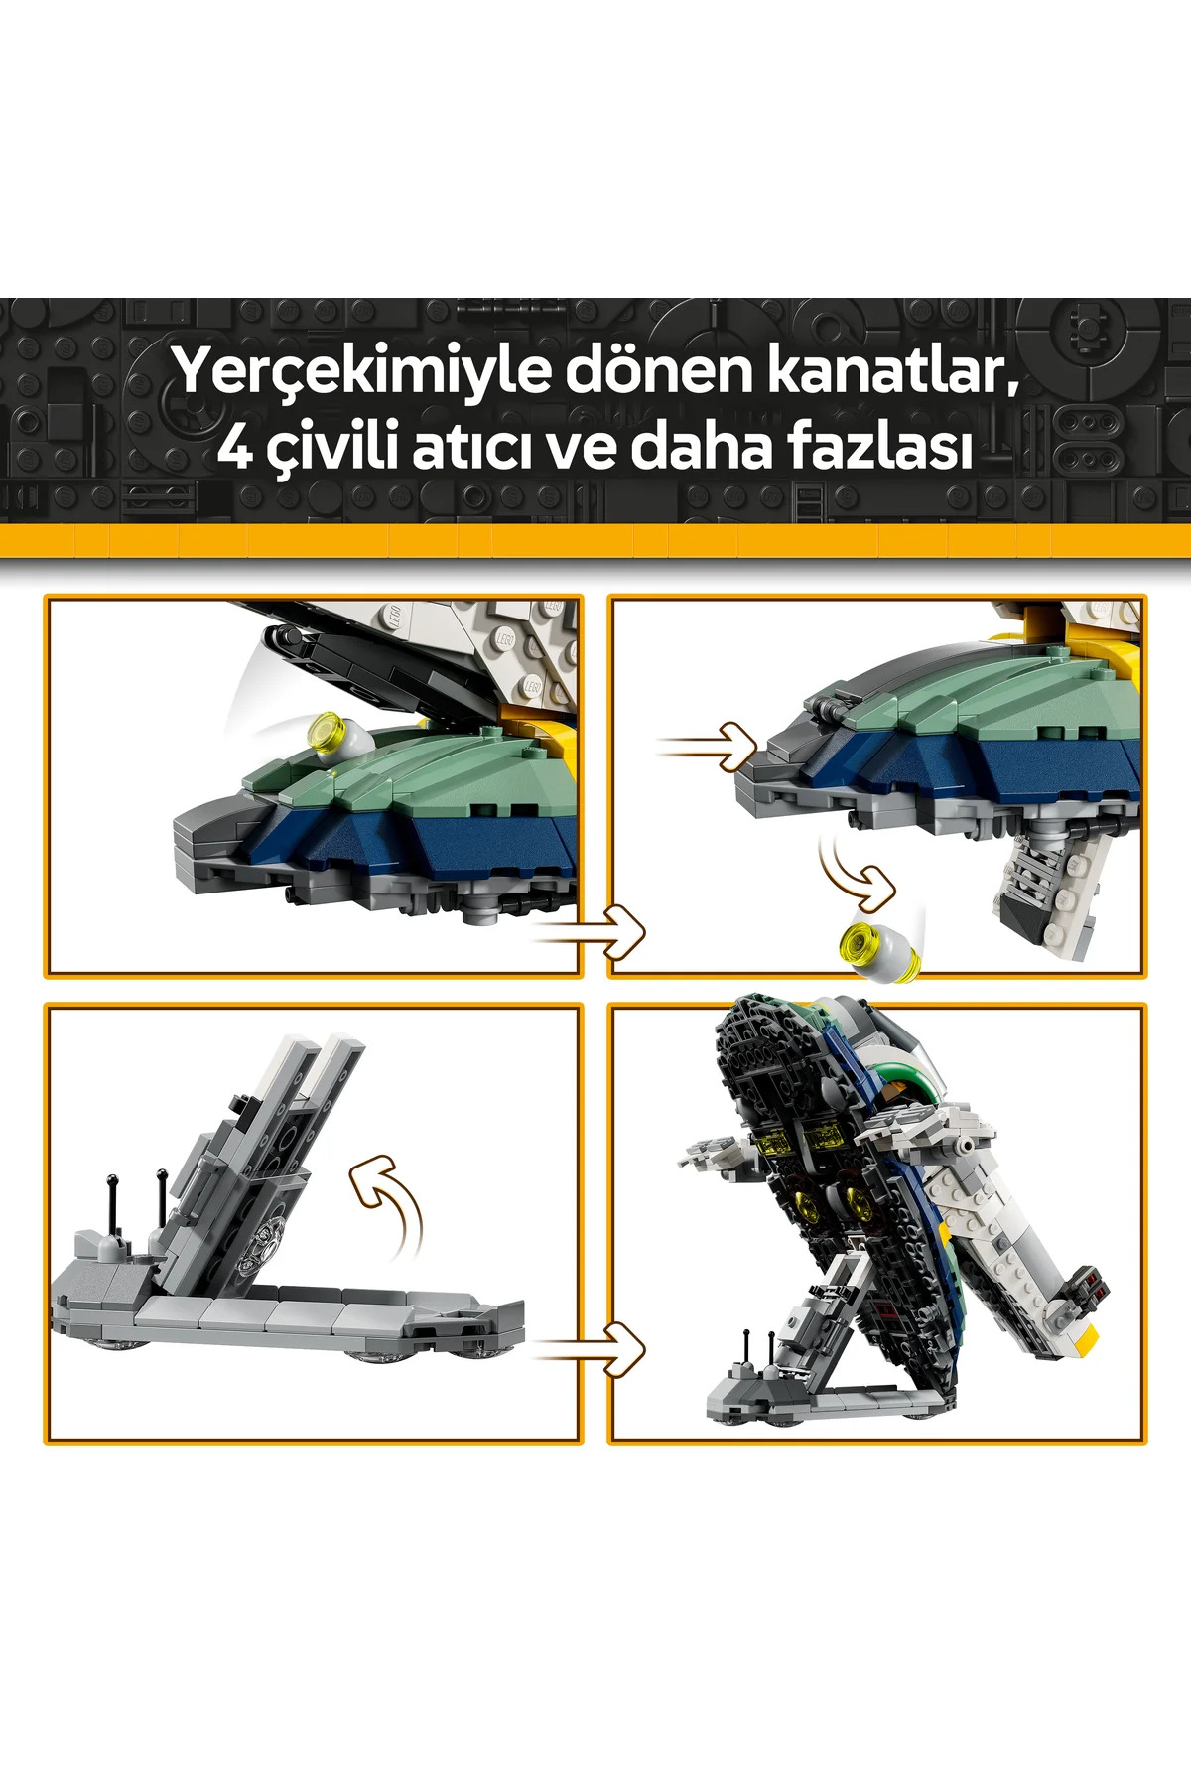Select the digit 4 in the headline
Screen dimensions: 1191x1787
click(235, 448)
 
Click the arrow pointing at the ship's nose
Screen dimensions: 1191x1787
click(707, 747)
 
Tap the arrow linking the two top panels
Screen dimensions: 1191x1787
click(589, 932)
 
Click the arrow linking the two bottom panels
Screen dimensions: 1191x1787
click(589, 1349)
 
